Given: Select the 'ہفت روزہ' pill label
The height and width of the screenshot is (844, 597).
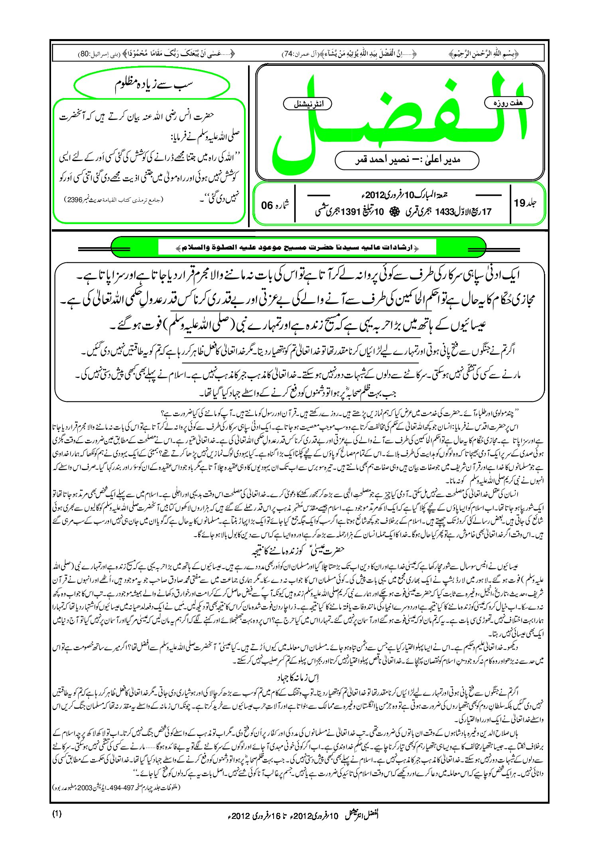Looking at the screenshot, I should pyautogui.click(x=508, y=103).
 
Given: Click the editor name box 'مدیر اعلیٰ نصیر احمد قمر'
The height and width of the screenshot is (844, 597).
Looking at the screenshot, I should pyautogui.click(x=407, y=160).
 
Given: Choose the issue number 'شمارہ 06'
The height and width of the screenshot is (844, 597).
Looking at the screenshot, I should pyautogui.click(x=275, y=205).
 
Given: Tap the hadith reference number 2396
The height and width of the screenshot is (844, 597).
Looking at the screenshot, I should pyautogui.click(x=74, y=200).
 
